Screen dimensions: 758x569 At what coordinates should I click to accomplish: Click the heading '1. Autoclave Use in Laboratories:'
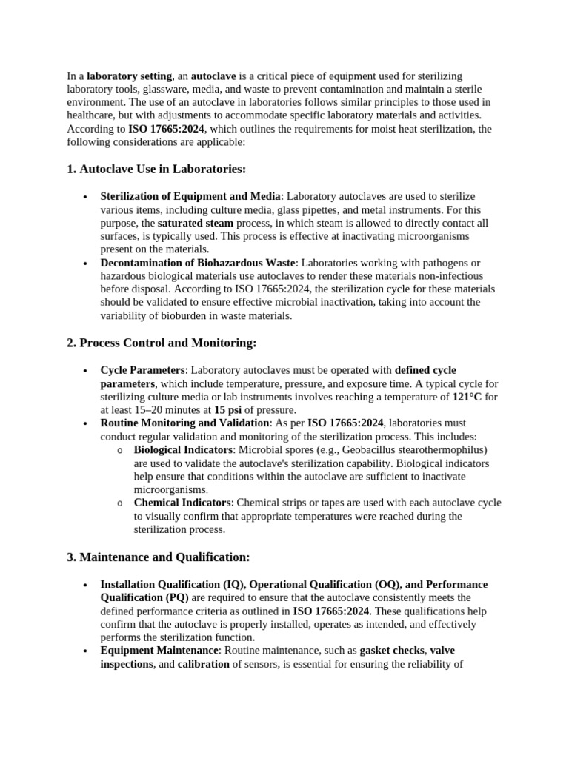(156, 169)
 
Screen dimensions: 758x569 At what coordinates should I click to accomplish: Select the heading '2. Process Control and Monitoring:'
(162, 343)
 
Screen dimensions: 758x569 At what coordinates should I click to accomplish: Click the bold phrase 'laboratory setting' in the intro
(130, 76)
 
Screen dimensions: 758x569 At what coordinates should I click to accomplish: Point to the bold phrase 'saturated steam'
(195, 222)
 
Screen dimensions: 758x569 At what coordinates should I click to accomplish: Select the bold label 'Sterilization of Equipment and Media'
(190, 195)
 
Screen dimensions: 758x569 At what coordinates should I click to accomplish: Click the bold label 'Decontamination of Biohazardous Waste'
(198, 262)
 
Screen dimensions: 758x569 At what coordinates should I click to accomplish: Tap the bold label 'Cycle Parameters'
(142, 369)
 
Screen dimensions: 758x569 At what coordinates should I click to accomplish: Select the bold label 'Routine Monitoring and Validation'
(184, 423)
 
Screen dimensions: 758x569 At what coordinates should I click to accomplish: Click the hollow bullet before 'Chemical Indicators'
(120, 503)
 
